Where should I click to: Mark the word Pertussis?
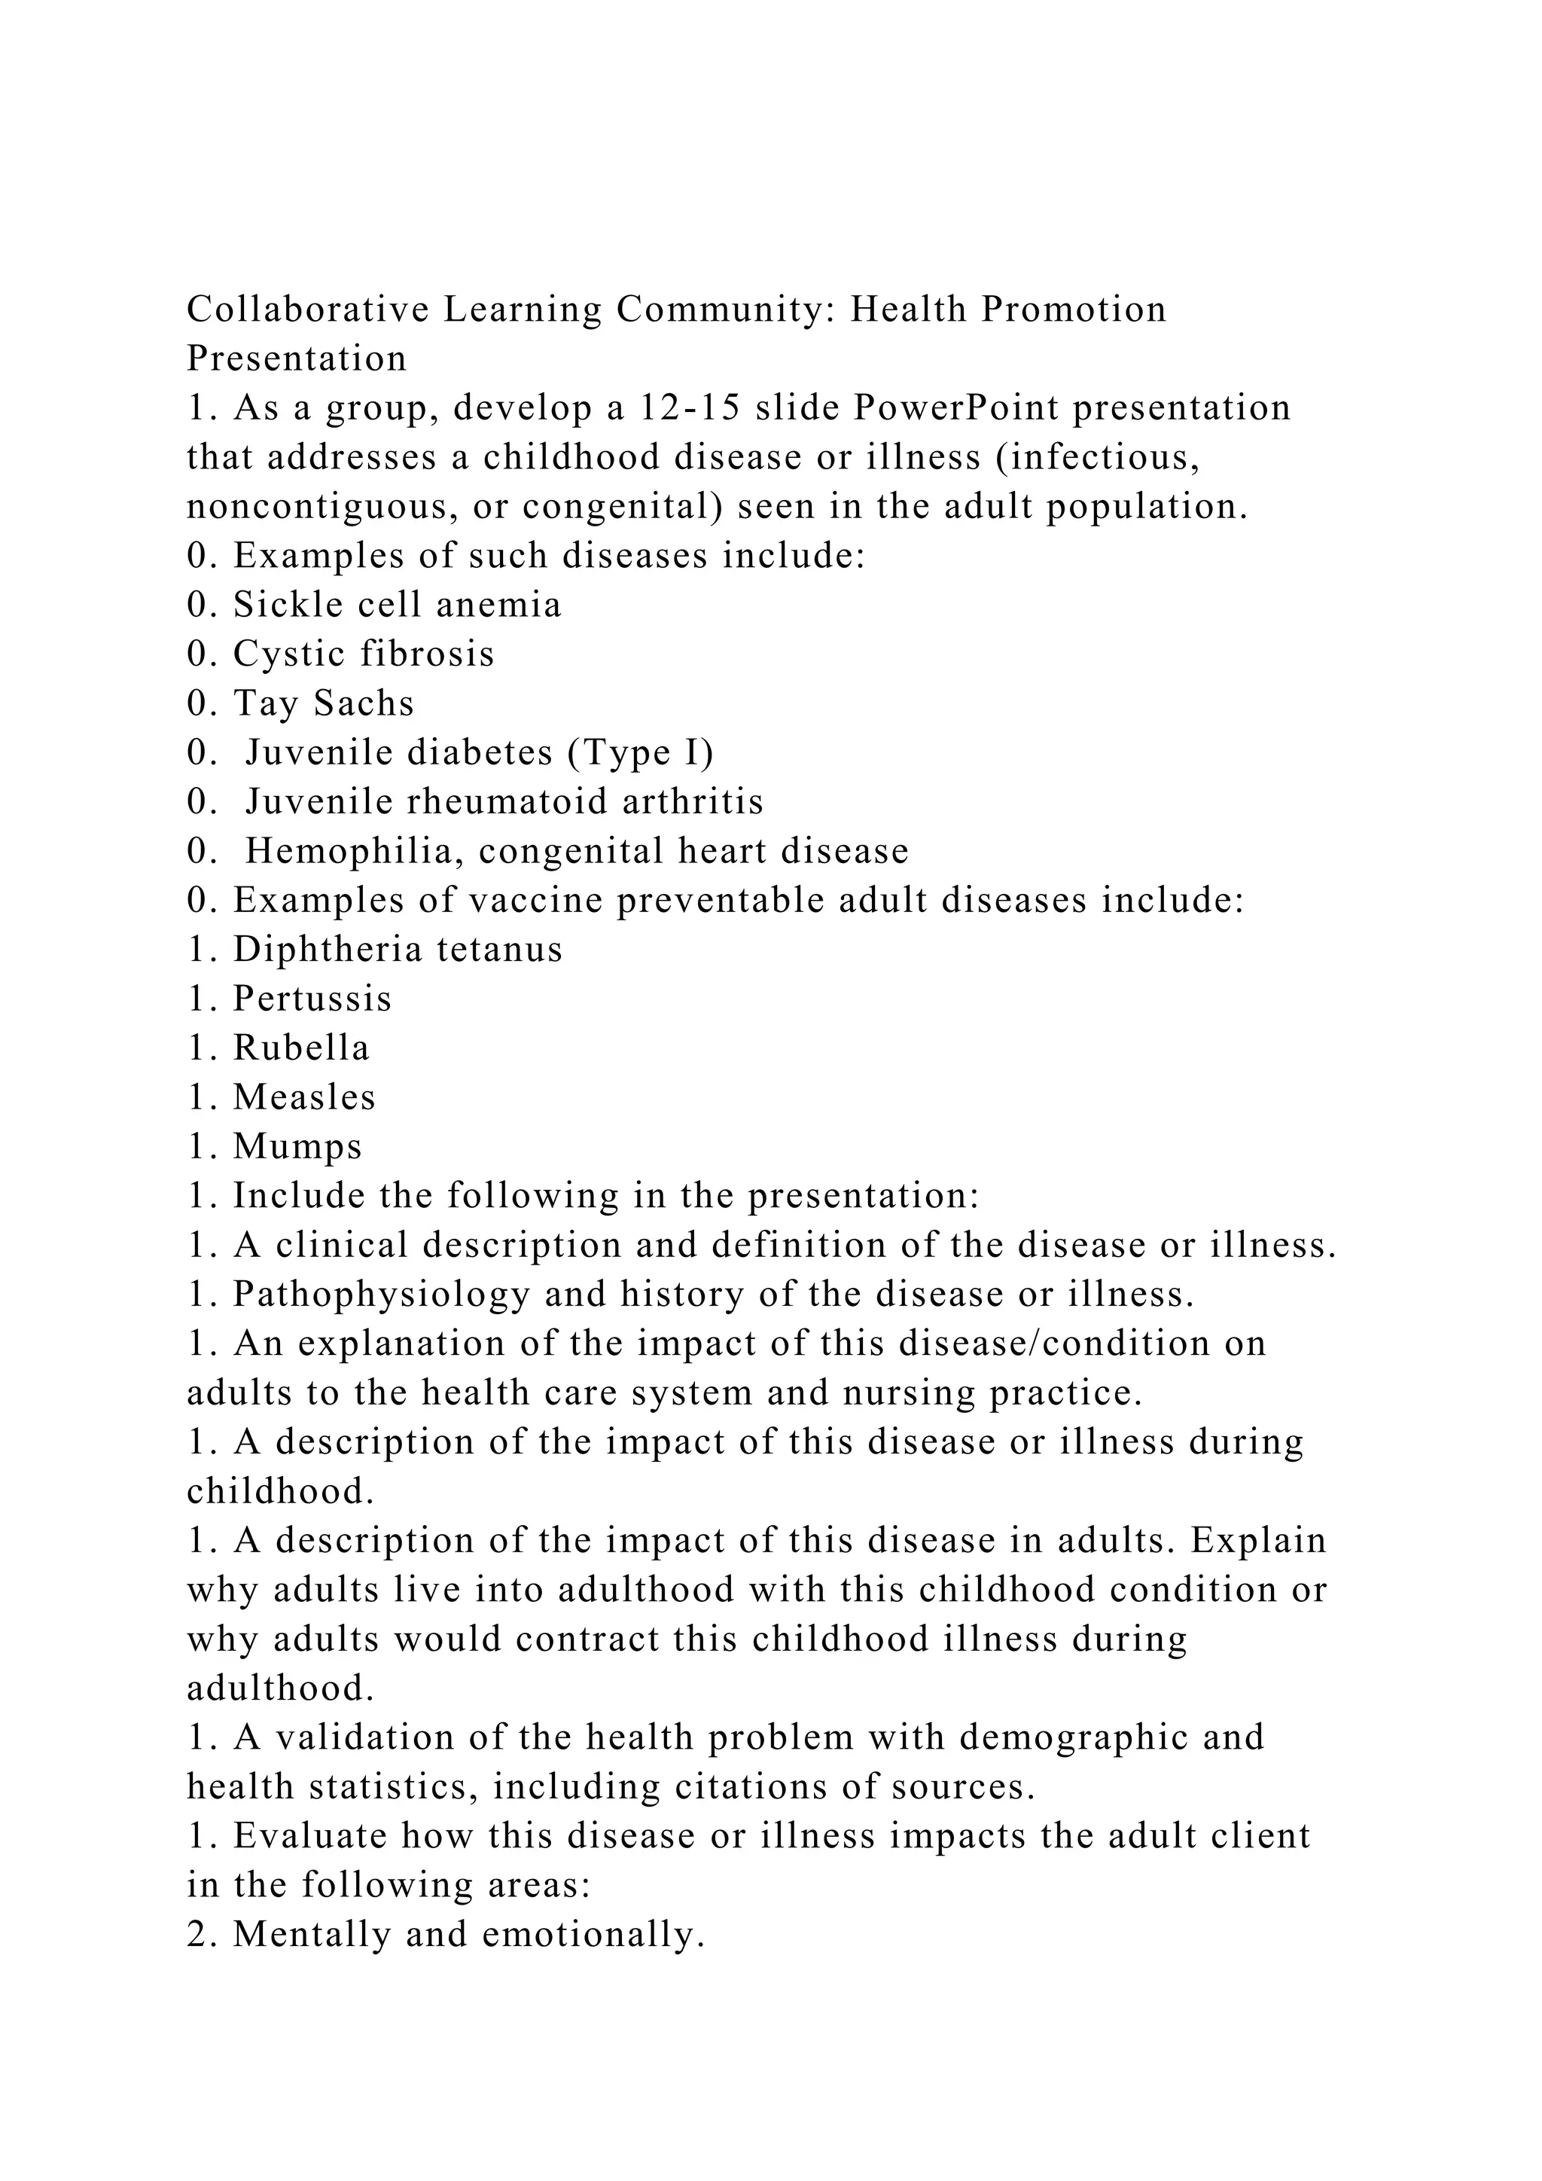[x=312, y=999]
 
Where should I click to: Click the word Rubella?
[x=301, y=1049]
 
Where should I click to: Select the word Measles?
[x=305, y=1098]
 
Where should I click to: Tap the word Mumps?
[x=297, y=1148]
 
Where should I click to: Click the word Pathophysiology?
[x=382, y=1295]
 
